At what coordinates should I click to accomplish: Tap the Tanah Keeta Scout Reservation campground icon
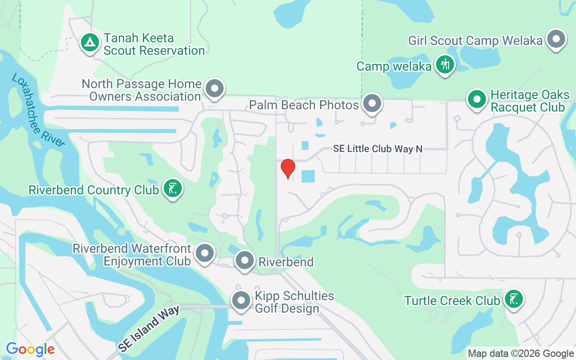(90, 43)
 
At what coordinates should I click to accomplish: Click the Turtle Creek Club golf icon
(513, 299)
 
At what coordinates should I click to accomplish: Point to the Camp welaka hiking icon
(445, 65)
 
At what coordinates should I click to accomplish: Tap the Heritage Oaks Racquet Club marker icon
(477, 100)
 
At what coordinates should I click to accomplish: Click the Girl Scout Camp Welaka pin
(556, 40)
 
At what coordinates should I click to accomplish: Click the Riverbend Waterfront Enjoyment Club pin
(206, 253)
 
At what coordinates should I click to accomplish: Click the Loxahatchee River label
(39, 110)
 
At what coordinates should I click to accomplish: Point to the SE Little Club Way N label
(378, 148)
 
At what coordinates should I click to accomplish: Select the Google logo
(30, 349)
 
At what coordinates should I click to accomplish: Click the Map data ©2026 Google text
(521, 354)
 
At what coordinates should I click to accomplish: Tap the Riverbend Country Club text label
(94, 190)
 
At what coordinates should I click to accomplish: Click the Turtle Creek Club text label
(452, 300)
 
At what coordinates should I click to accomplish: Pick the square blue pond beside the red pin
(308, 176)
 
